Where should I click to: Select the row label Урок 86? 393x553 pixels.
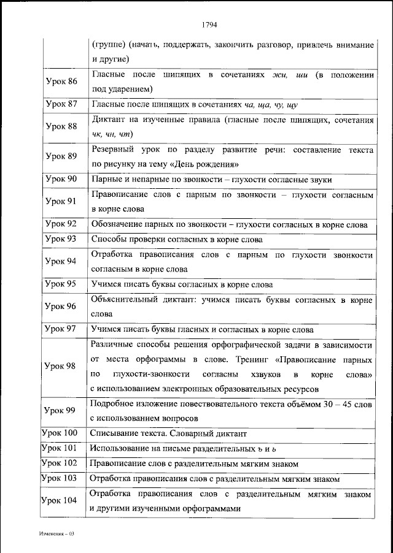(61, 82)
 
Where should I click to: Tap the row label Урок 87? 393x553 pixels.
(61, 104)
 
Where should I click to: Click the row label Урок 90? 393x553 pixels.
(61, 179)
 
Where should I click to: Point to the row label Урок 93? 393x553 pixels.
(61, 239)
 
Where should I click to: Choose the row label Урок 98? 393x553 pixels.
(61, 366)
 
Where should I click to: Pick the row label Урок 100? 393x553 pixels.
(60, 432)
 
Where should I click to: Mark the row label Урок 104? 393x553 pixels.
(60, 501)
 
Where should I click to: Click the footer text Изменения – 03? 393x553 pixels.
(56, 535)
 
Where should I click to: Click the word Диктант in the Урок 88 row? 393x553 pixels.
(109, 120)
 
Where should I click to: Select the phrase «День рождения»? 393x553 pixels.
(204, 164)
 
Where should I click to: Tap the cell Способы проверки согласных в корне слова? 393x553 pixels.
(177, 240)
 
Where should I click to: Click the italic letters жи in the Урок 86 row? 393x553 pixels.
(278, 75)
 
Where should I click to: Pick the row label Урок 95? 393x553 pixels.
(61, 284)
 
